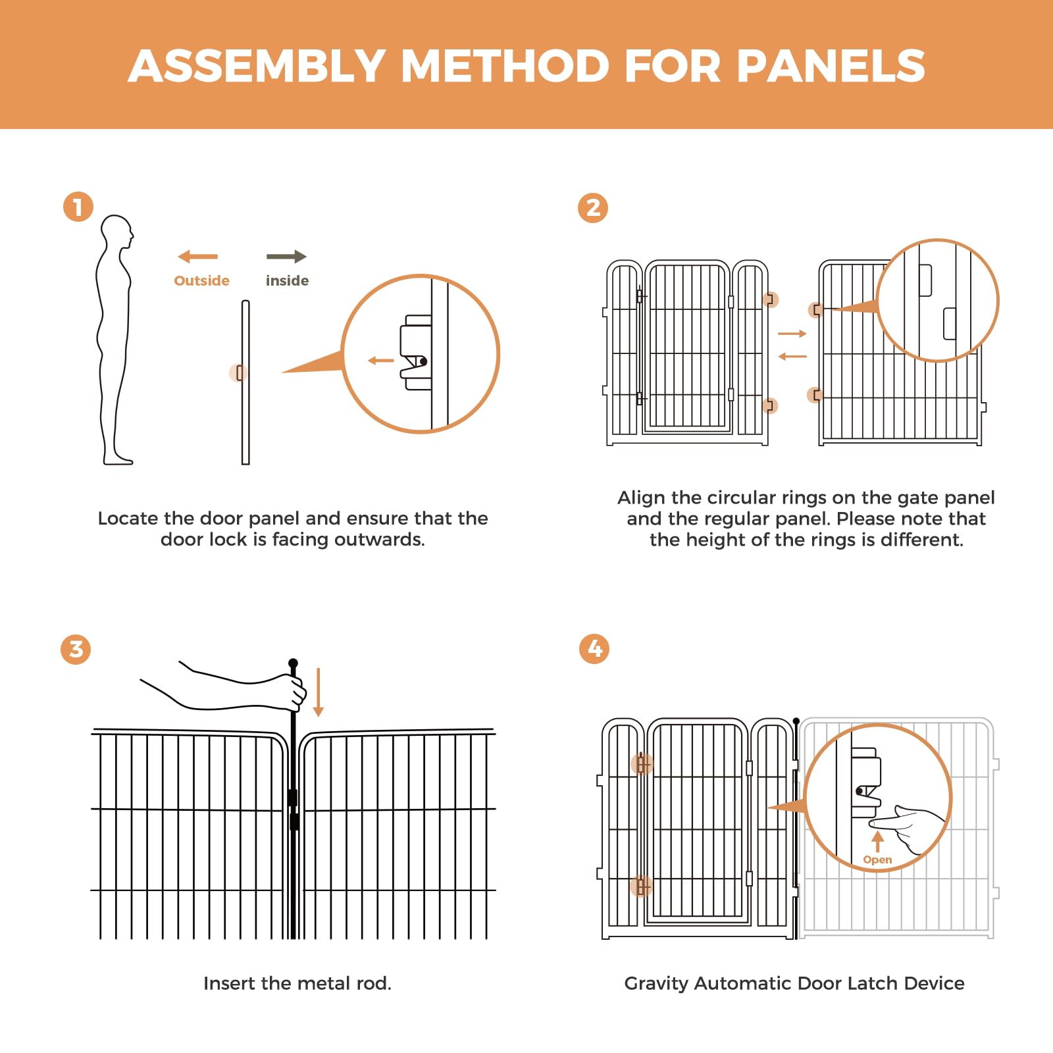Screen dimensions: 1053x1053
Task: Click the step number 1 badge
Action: pos(78,207)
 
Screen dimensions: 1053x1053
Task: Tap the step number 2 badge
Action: pos(593,208)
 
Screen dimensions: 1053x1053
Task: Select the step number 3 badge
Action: pos(76,650)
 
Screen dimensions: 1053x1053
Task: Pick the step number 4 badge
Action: pos(594,649)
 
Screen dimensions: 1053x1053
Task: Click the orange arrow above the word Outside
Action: pos(197,257)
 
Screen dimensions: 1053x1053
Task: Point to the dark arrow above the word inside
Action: pos(286,257)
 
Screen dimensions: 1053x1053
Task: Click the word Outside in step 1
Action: pos(201,281)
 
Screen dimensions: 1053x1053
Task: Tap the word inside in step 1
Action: pos(287,281)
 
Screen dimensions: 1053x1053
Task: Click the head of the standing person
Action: pos(118,231)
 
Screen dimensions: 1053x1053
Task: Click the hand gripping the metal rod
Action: pos(290,691)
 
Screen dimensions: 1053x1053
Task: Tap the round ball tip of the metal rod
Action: pos(293,663)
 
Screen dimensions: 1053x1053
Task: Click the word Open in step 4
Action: pos(877,860)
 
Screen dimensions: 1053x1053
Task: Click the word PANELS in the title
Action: pos(831,66)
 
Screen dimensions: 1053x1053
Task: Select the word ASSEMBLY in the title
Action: pos(257,66)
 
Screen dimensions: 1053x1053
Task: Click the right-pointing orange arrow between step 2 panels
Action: pos(792,334)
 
